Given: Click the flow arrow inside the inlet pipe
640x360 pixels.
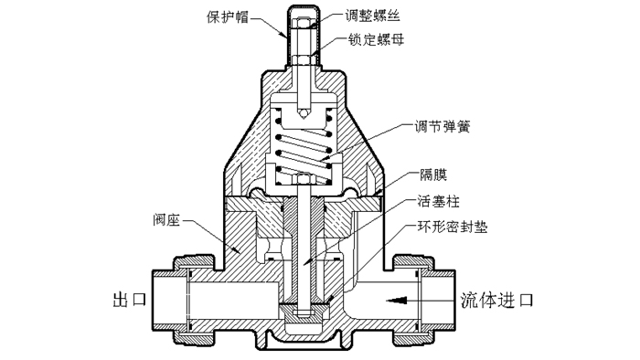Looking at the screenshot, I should [399, 299].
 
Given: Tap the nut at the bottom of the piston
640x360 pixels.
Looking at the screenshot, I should [302, 316].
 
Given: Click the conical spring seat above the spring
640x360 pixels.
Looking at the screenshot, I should [303, 113].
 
